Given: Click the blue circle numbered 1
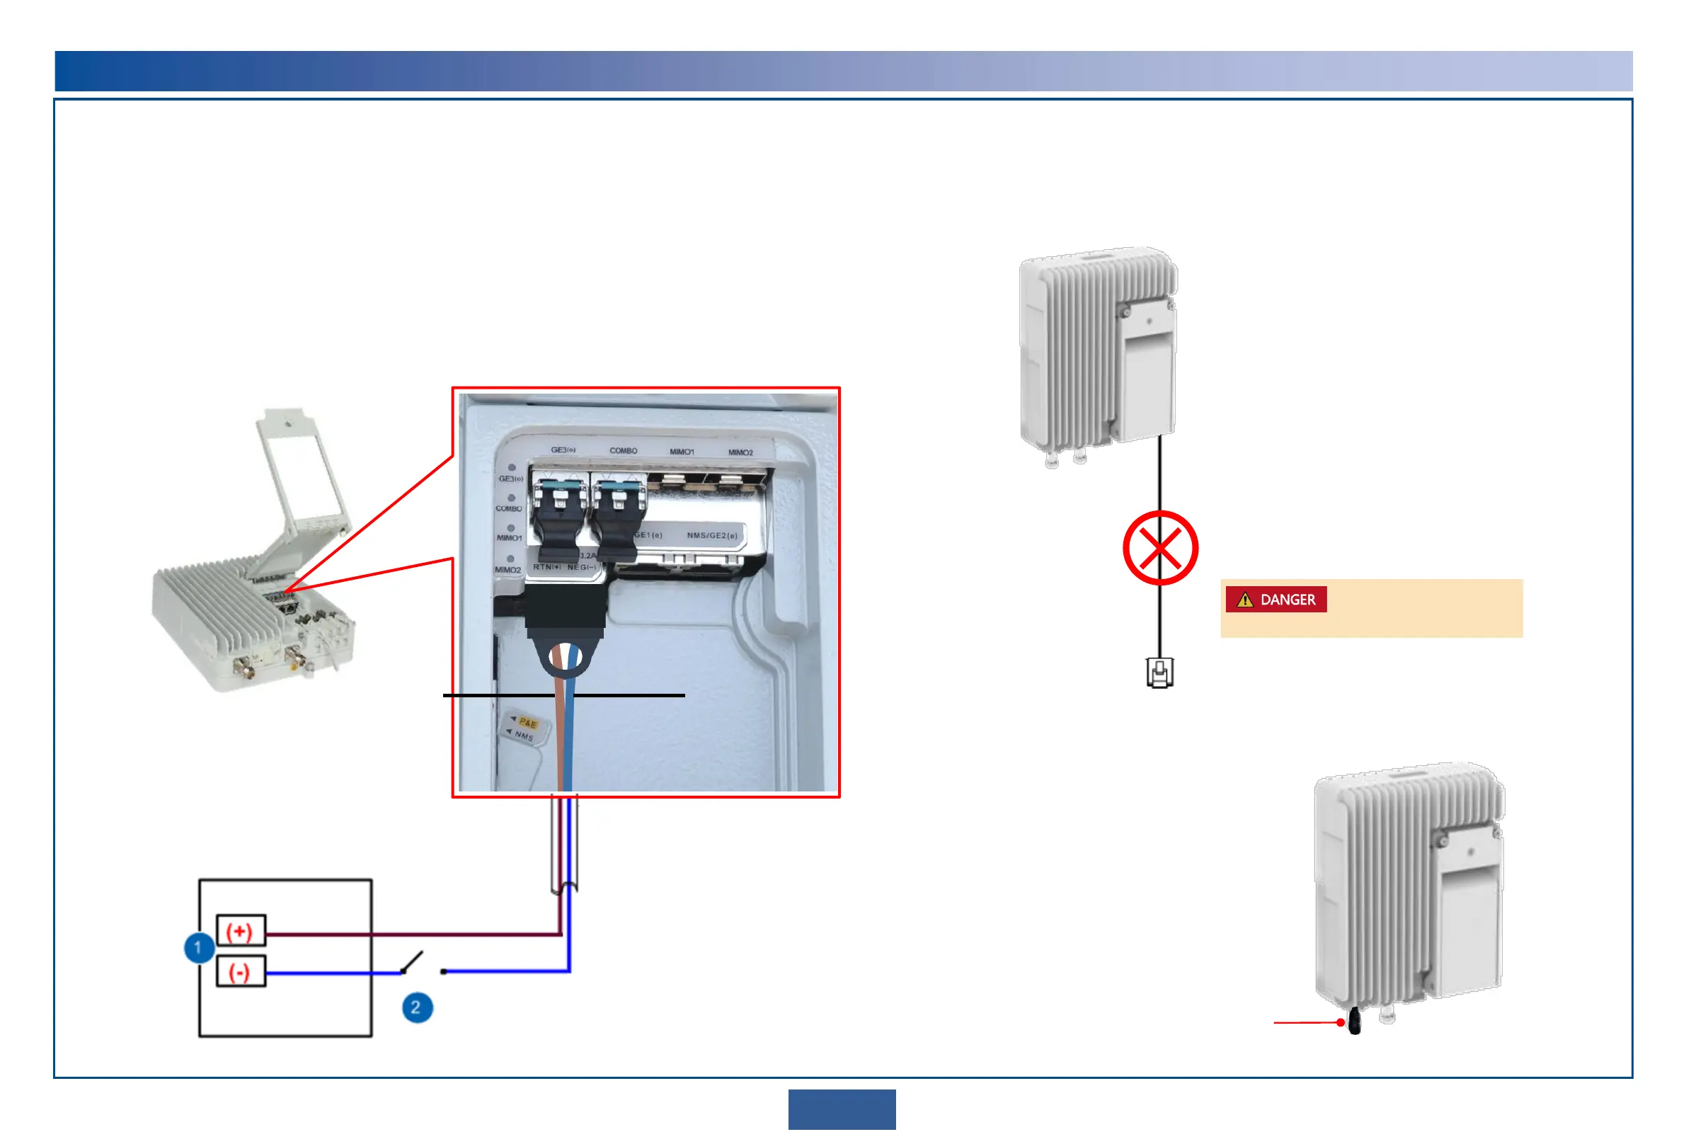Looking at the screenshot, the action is [x=198, y=947].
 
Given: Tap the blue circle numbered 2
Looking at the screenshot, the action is [x=417, y=1007].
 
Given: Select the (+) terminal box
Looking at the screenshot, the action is [x=241, y=930].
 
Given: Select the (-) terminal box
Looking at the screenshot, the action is [x=241, y=971].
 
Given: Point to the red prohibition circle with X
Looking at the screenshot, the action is [x=1159, y=548].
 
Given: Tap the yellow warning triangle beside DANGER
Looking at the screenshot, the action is [x=1245, y=600].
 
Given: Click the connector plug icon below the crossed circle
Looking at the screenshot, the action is [x=1159, y=673].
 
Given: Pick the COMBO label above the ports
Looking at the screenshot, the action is [x=623, y=450].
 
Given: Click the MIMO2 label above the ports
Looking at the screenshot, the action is [x=740, y=452].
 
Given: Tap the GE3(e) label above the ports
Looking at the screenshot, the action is [x=563, y=450].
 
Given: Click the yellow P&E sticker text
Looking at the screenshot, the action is [x=527, y=723].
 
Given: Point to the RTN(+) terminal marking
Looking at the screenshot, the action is [x=546, y=566].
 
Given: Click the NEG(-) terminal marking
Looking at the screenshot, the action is [x=581, y=567].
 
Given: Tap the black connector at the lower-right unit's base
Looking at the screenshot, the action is [x=1354, y=1023].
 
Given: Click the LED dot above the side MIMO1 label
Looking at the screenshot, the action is [x=511, y=528].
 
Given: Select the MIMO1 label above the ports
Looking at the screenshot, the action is [x=681, y=451].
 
